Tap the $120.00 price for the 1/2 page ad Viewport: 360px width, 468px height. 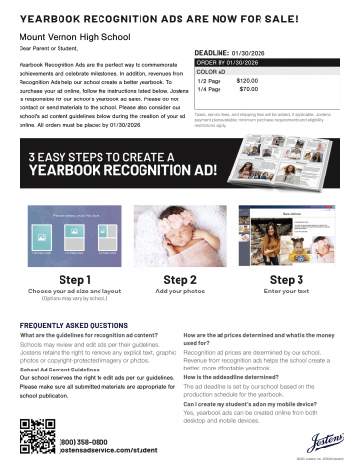click(247, 80)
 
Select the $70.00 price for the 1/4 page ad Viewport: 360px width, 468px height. click(248, 89)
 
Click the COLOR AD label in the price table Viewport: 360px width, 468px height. click(212, 71)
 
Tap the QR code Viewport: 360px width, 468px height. click(36, 435)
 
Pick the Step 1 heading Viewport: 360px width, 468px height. click(75, 279)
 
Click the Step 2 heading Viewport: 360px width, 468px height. click(180, 279)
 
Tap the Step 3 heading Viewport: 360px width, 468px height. click(285, 279)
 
